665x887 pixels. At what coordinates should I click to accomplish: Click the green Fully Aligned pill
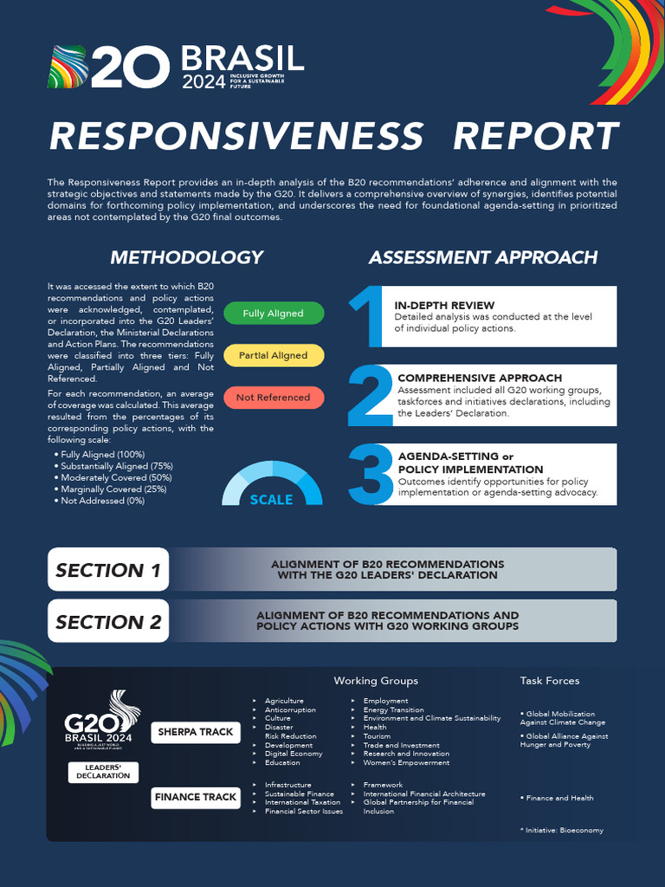[x=274, y=314]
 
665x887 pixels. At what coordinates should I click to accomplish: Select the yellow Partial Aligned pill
[x=274, y=355]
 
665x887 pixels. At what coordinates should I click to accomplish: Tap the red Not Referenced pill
[x=274, y=398]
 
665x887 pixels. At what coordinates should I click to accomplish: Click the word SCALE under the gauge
[x=272, y=500]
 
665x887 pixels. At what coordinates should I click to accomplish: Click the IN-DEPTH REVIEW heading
[x=445, y=306]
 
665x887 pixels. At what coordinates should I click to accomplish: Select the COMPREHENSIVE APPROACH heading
[x=480, y=378]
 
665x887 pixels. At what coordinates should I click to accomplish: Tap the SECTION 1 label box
[x=108, y=570]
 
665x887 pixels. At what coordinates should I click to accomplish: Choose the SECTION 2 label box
[x=108, y=622]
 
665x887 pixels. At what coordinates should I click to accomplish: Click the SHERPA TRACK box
[x=196, y=732]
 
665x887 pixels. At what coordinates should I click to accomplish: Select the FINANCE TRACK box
[x=196, y=797]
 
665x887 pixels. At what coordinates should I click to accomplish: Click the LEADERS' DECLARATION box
[x=103, y=772]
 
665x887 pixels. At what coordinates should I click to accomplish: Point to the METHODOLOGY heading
[x=187, y=257]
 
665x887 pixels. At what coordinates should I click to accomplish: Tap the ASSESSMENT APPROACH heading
[x=483, y=257]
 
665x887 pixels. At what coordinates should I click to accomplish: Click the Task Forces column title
[x=550, y=681]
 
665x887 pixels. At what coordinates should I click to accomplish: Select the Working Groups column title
[x=376, y=681]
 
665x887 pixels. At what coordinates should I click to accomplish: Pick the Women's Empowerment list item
[x=406, y=763]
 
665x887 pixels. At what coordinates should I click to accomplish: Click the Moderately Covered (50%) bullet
[x=116, y=477]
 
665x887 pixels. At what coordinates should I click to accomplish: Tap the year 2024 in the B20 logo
[x=202, y=81]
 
